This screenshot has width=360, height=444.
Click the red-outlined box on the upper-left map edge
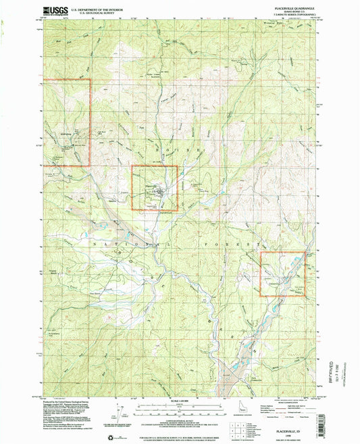pos(67,122)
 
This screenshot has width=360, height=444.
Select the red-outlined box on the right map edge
pos(283,273)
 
